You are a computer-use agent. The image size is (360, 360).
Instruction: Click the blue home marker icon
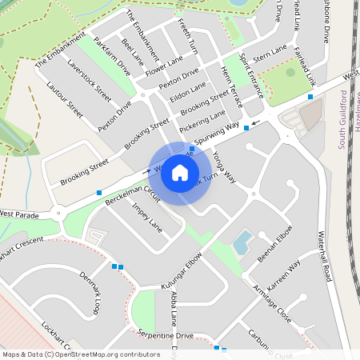180,173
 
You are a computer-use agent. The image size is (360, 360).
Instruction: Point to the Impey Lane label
146,218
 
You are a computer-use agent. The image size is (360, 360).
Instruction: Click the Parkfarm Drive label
111,56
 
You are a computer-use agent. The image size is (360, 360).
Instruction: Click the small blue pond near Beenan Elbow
242,239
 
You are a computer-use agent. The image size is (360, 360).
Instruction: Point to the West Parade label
19,214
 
